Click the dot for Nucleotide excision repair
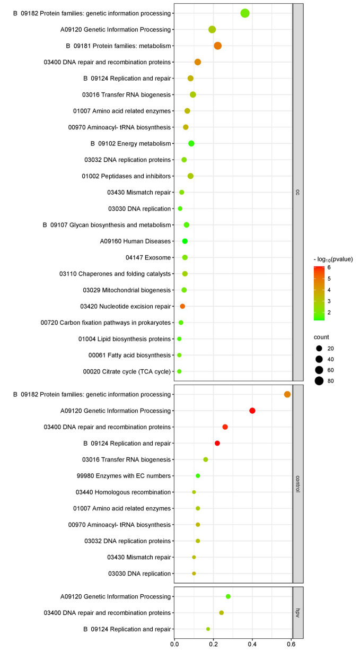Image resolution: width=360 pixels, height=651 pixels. [182, 306]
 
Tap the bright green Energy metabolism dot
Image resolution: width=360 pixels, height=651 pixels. [191, 143]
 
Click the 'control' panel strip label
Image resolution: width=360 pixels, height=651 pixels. [298, 484]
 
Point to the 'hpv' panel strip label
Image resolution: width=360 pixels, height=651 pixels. [298, 612]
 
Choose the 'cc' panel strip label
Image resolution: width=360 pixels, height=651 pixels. [298, 192]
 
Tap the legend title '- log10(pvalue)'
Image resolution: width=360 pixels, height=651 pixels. [333, 259]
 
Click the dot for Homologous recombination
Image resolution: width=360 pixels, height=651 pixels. [194, 492]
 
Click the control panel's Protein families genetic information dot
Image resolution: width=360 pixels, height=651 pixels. [287, 394]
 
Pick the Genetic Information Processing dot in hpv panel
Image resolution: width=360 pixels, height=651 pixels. [228, 596]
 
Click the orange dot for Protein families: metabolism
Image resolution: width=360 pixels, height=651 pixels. [217, 46]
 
